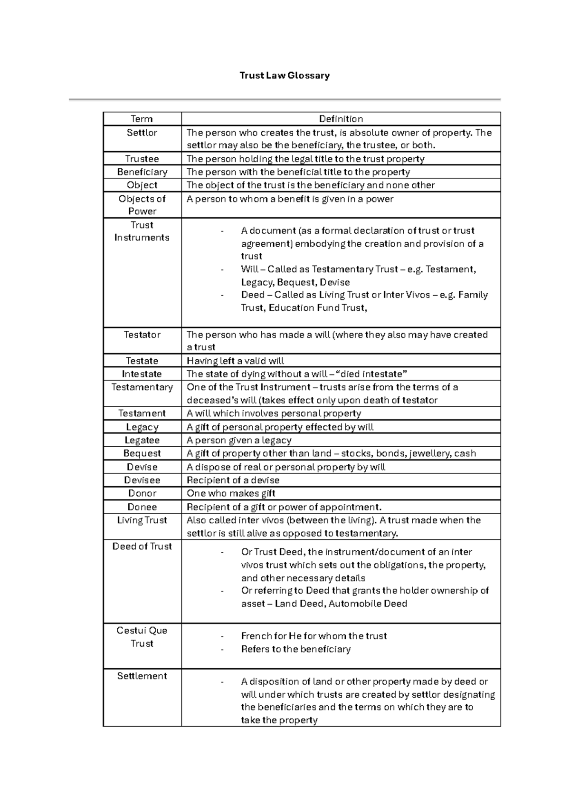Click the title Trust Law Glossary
(285, 76)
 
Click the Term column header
(142, 119)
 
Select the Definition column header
(341, 119)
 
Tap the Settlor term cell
(142, 133)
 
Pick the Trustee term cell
(142, 159)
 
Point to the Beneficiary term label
(142, 172)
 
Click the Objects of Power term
(142, 205)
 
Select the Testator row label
(142, 335)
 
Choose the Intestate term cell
(142, 374)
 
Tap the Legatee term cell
(142, 440)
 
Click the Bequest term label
(142, 453)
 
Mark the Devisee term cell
(142, 480)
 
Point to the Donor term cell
(142, 493)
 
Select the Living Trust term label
(142, 520)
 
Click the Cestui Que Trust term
(142, 637)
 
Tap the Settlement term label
(142, 676)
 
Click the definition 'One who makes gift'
(231, 493)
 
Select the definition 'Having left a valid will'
(235, 361)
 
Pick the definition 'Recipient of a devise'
(233, 480)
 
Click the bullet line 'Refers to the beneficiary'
(295, 649)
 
